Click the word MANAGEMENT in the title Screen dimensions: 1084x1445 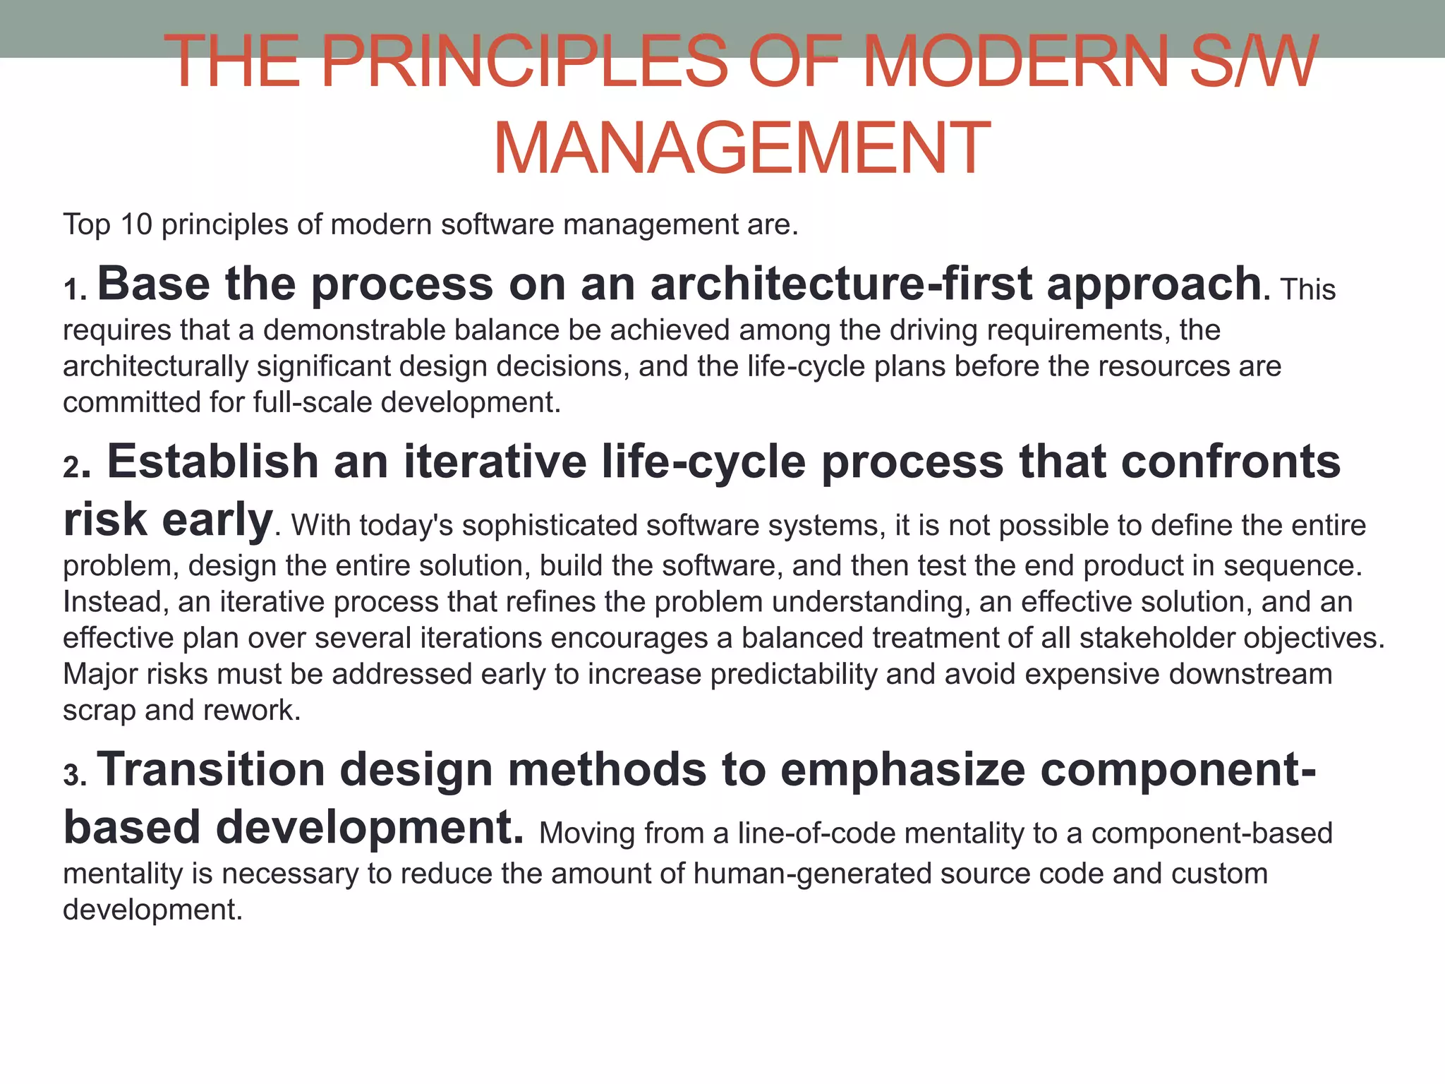click(742, 149)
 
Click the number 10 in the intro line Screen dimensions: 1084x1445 click(136, 225)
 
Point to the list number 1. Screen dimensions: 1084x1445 click(73, 289)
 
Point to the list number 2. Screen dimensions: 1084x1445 click(73, 467)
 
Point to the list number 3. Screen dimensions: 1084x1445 click(73, 775)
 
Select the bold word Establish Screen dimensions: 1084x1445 click(212, 462)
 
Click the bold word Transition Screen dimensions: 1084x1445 click(210, 769)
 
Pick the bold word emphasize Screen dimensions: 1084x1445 click(902, 769)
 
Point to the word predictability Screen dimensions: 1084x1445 click(793, 674)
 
